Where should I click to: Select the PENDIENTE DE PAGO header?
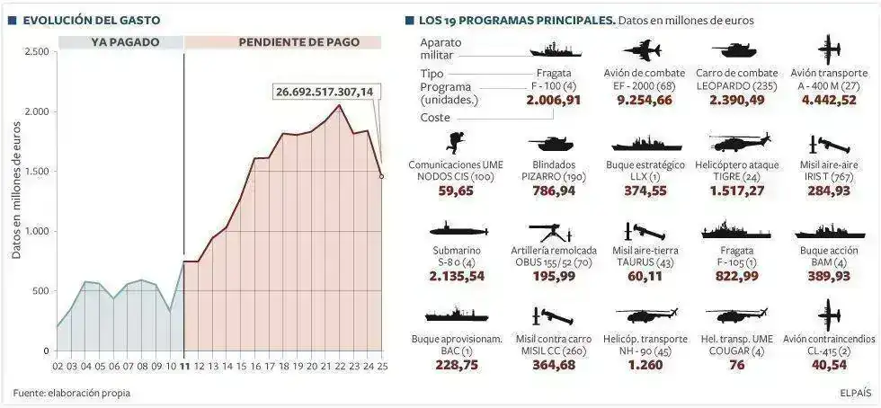point(298,42)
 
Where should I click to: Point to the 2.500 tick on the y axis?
point(37,52)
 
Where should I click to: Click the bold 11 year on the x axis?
point(184,367)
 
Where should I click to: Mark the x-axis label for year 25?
point(382,367)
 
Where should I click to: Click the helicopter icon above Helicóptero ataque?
point(739,142)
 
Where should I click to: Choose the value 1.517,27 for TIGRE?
point(739,191)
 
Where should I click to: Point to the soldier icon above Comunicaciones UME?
point(458,141)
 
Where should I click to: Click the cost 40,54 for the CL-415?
point(829,364)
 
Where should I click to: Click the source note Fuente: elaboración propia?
point(72,393)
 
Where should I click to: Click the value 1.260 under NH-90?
point(645,364)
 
